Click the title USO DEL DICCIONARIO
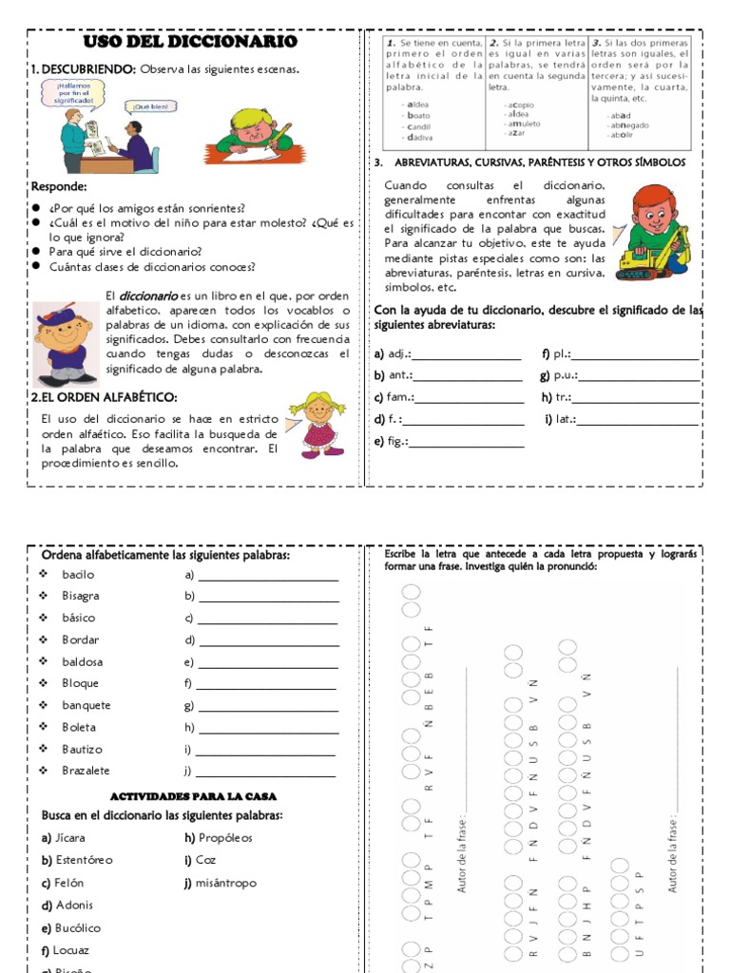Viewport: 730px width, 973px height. tap(190, 43)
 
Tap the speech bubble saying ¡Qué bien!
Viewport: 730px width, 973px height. tap(149, 107)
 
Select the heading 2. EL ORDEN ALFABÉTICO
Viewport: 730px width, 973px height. tap(105, 397)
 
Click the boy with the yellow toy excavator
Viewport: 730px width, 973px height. tap(652, 233)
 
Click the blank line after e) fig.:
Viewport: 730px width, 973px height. tap(466, 442)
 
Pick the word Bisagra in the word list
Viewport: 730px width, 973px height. tap(81, 596)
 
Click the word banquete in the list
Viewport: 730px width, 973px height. tap(86, 705)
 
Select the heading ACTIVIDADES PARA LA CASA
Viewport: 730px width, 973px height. tap(194, 796)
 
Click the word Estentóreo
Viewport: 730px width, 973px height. tap(85, 860)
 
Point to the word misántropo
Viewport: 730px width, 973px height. tap(227, 883)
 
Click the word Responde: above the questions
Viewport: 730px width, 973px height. tap(59, 187)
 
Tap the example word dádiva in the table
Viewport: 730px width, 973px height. tap(418, 138)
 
